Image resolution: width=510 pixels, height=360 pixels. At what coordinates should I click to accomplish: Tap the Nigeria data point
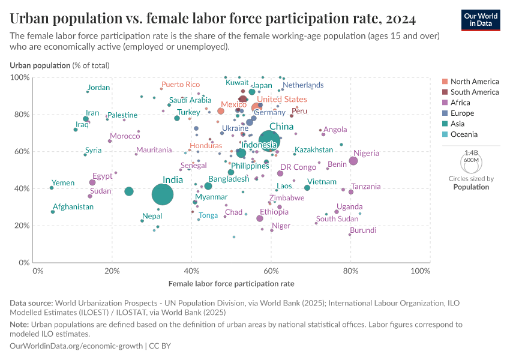pyautogui.click(x=353, y=161)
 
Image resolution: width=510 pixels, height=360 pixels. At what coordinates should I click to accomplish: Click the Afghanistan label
pyautogui.click(x=73, y=207)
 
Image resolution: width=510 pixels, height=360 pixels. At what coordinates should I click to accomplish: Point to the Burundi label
pyautogui.click(x=363, y=230)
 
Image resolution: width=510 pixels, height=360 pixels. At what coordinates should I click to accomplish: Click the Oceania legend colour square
pyautogui.click(x=445, y=134)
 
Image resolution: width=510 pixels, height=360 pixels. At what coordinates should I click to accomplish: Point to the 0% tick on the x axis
pyautogui.click(x=38, y=272)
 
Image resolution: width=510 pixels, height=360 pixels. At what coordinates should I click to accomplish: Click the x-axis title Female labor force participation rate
pyautogui.click(x=231, y=283)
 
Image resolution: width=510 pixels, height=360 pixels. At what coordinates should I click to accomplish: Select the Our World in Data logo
pyautogui.click(x=481, y=19)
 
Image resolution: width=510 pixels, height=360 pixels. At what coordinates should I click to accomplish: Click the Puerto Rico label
pyautogui.click(x=181, y=85)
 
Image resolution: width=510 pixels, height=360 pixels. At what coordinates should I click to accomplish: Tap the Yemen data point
pyautogui.click(x=52, y=188)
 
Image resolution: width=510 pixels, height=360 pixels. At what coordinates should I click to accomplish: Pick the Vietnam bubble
pyautogui.click(x=307, y=188)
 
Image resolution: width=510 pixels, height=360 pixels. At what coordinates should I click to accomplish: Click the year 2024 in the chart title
pyautogui.click(x=395, y=19)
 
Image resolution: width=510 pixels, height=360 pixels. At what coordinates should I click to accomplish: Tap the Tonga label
pyautogui.click(x=208, y=215)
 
